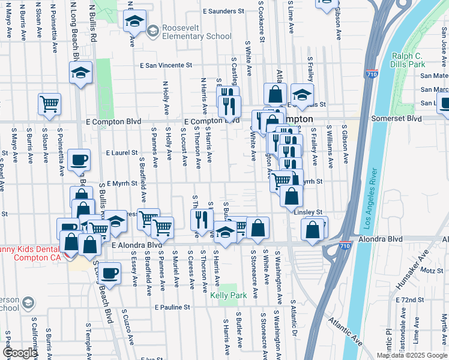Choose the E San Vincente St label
[x=166, y=65]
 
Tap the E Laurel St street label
[x=122, y=153]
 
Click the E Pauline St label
[x=172, y=307]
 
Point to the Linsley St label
[x=309, y=212]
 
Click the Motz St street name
[x=432, y=271]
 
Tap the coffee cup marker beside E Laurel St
[x=79, y=160]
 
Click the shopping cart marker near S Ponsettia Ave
[x=49, y=104]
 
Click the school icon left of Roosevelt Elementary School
[x=134, y=22]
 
